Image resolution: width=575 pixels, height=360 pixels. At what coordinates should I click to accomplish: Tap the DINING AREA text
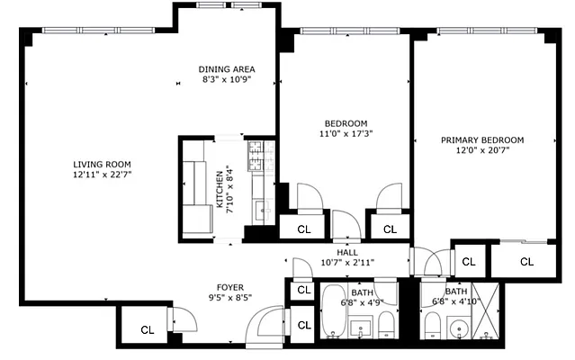(227, 69)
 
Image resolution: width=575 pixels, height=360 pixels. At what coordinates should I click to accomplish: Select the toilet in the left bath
(385, 324)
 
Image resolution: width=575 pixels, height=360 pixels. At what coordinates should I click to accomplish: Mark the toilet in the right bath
(431, 325)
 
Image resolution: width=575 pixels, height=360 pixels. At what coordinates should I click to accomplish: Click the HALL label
(347, 253)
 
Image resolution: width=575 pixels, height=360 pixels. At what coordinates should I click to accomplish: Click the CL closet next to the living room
(146, 330)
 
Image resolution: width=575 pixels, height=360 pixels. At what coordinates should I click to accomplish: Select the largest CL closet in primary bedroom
(526, 262)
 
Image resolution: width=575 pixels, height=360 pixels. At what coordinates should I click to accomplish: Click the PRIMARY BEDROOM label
(481, 140)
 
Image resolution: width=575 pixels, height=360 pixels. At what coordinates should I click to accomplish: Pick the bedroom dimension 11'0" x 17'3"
(346, 134)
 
